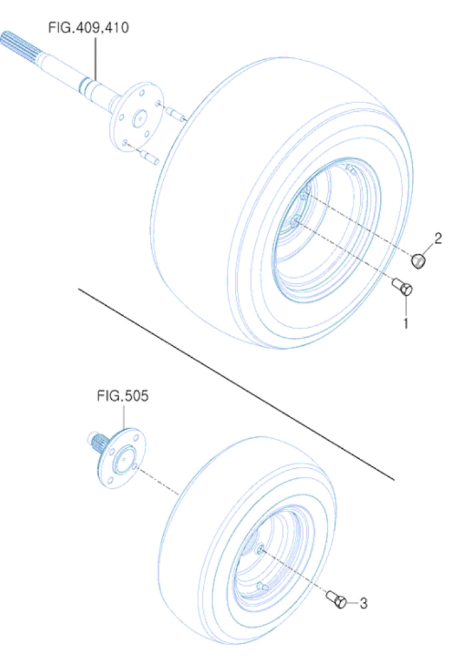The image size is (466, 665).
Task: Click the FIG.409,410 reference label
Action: (89, 28)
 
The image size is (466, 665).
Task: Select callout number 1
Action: (404, 325)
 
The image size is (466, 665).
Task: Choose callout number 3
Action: (363, 603)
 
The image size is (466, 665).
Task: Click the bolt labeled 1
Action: (403, 289)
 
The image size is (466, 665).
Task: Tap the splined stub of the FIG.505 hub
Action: (98, 441)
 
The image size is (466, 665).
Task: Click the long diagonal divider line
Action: (233, 382)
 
